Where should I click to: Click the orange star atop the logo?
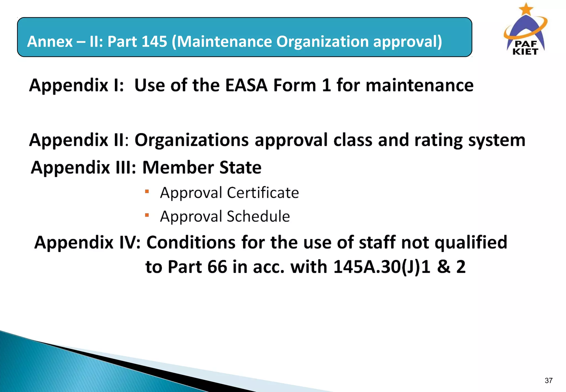coord(526,9)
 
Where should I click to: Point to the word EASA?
coord(246,85)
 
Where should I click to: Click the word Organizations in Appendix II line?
coord(192,140)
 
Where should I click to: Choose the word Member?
coord(178,168)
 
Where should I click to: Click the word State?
coord(240,168)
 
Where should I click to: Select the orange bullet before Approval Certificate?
coord(147,191)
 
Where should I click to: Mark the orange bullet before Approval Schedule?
coord(147,215)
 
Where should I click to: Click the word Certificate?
coord(263,193)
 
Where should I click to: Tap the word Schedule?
coord(258,216)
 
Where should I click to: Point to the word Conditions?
coord(191,242)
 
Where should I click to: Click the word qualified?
coord(471,242)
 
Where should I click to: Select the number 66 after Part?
coord(217,267)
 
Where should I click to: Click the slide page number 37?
coord(548,381)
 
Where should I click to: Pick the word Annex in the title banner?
coord(50,41)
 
